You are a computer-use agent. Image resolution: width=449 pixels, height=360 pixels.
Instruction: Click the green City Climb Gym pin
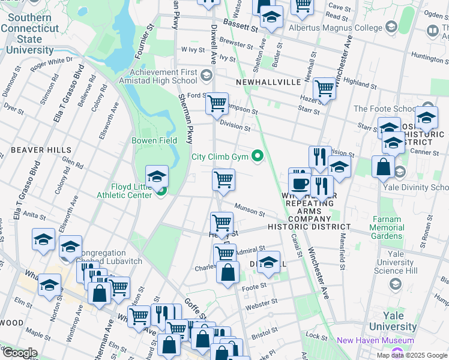[x=258, y=157]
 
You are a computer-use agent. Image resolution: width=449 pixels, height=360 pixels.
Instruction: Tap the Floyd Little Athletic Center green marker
[x=161, y=191]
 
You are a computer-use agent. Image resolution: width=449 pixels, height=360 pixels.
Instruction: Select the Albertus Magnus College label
[x=335, y=28]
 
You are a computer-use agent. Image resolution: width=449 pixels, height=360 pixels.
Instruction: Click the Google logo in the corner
[x=19, y=353]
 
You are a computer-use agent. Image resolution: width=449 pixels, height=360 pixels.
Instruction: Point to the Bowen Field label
[x=154, y=140]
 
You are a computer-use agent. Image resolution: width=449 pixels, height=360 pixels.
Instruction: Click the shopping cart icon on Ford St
[x=217, y=103]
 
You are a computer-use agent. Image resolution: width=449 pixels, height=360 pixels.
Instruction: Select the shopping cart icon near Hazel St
[x=324, y=88]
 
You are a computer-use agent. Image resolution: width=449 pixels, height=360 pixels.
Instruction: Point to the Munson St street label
[x=250, y=210]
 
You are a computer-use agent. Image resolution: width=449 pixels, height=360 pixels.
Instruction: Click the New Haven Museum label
[x=375, y=340]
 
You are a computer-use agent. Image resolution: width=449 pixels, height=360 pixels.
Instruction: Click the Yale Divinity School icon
[x=400, y=172]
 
